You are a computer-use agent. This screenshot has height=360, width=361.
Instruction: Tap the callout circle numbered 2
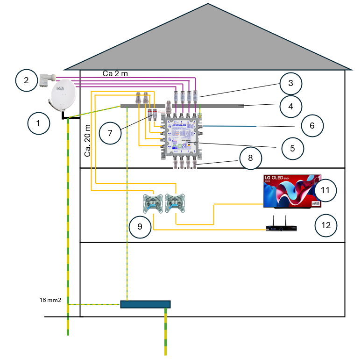click(x=27, y=80)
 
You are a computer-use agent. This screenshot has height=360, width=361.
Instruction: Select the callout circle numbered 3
click(x=290, y=84)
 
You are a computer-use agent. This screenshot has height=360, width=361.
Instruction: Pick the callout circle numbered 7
click(x=110, y=133)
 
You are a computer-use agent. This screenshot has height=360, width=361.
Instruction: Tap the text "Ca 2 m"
click(x=115, y=74)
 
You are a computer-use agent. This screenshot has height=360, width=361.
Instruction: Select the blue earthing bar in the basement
click(x=145, y=304)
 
